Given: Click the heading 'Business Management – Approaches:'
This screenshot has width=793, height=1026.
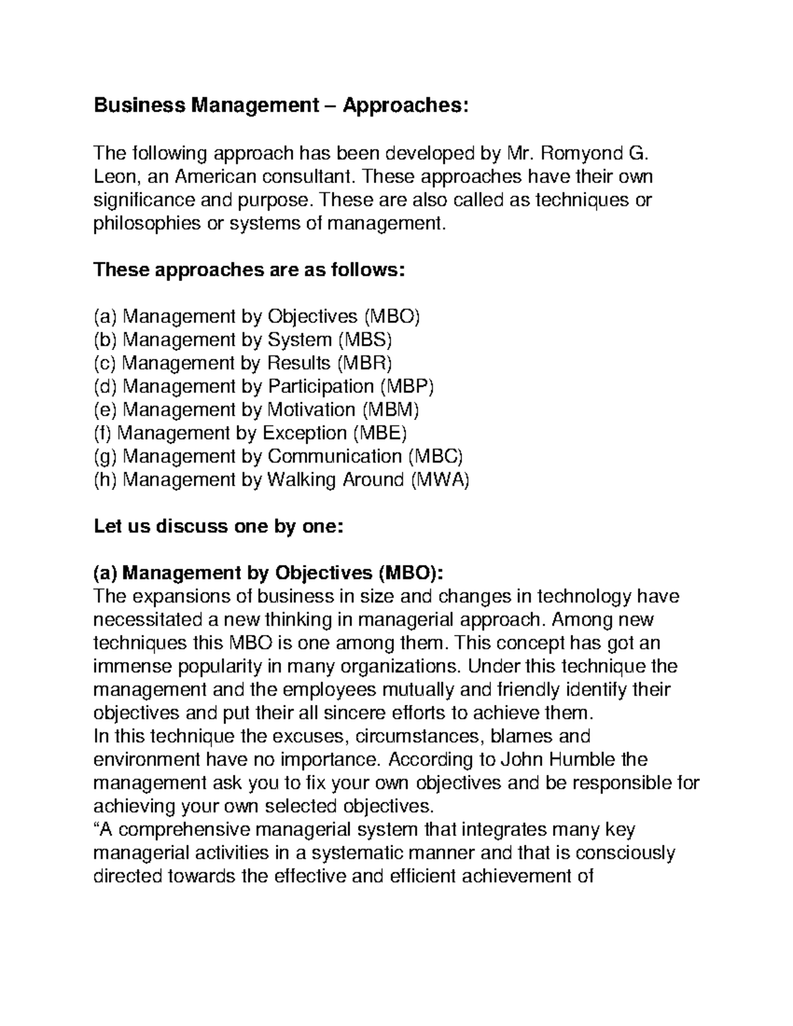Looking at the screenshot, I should point(281,106).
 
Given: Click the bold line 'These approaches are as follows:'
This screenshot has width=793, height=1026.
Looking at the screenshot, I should point(248,270).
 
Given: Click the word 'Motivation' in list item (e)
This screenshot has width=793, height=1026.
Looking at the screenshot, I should point(311,410).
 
